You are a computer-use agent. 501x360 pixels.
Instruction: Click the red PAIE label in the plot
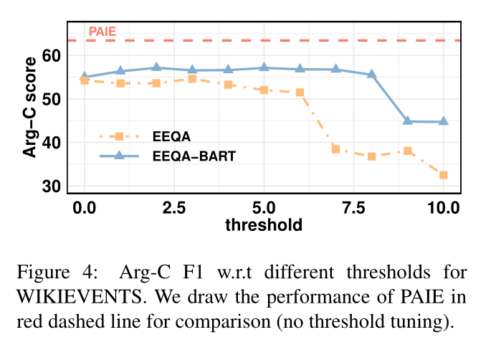pyautogui.click(x=102, y=32)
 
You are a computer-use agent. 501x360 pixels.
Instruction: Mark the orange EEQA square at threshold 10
pyautogui.click(x=443, y=175)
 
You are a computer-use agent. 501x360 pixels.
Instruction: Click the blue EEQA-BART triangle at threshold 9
pyautogui.click(x=407, y=120)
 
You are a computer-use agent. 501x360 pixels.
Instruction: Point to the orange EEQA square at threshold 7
pyautogui.click(x=335, y=149)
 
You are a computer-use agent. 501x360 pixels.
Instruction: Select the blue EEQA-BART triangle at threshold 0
pyautogui.click(x=85, y=77)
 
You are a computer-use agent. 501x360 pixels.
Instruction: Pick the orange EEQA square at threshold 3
pyautogui.click(x=192, y=79)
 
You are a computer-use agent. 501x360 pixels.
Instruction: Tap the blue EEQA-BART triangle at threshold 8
pyautogui.click(x=371, y=74)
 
